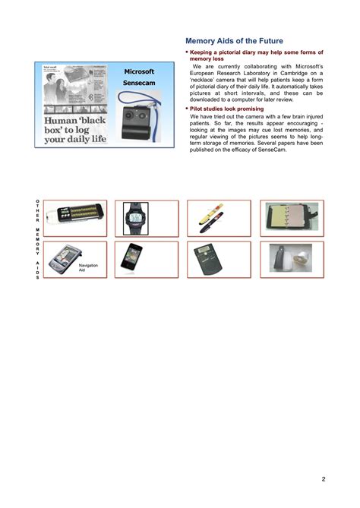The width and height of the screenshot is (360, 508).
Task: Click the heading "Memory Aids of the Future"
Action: [x=235, y=40]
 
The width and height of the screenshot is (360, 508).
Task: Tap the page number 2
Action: [x=323, y=478]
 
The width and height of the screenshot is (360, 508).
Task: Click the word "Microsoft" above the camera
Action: [x=140, y=71]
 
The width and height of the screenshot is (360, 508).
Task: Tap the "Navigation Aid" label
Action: [x=87, y=267]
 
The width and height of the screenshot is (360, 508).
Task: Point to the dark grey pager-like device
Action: [x=205, y=259]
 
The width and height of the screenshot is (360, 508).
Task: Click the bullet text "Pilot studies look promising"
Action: [x=226, y=109]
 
